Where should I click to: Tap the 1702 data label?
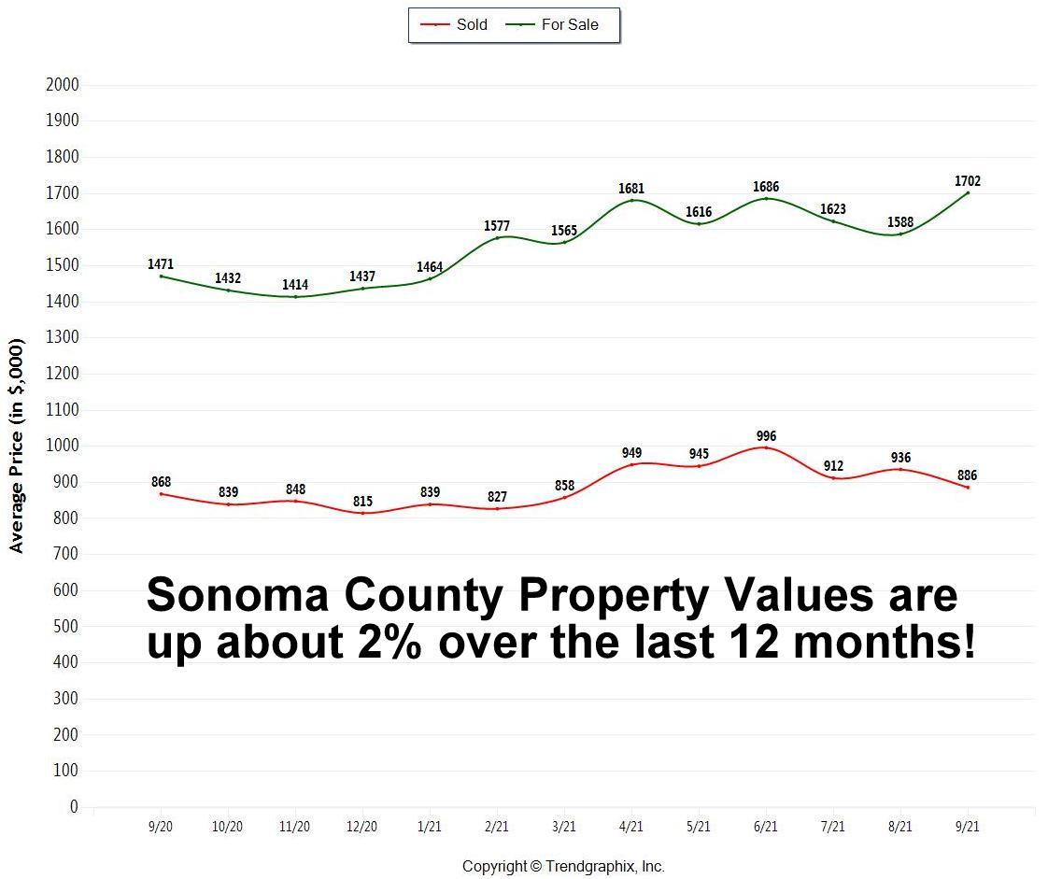(x=968, y=181)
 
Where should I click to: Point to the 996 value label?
(x=766, y=436)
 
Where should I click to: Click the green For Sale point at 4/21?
(x=631, y=200)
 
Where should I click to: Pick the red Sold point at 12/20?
(x=362, y=513)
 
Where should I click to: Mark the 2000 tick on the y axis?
(x=63, y=85)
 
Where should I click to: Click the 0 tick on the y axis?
(x=74, y=806)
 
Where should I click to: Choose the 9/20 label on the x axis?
(x=161, y=827)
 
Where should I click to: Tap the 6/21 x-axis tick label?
(x=766, y=827)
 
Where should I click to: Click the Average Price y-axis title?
(x=17, y=446)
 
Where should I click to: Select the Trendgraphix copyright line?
(x=563, y=867)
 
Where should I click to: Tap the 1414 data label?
(x=295, y=285)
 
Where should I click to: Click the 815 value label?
(x=362, y=502)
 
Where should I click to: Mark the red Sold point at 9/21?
(x=968, y=487)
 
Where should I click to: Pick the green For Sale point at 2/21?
(x=497, y=237)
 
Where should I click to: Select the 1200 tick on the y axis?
(x=63, y=374)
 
